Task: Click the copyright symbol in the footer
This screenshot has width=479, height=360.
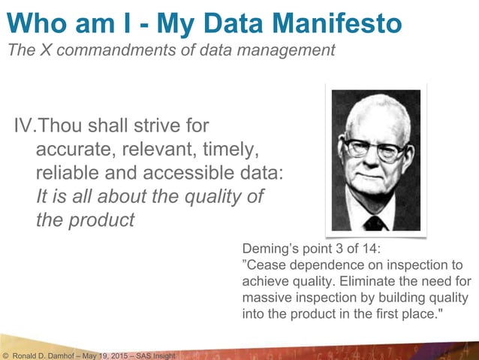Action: tap(5, 354)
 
